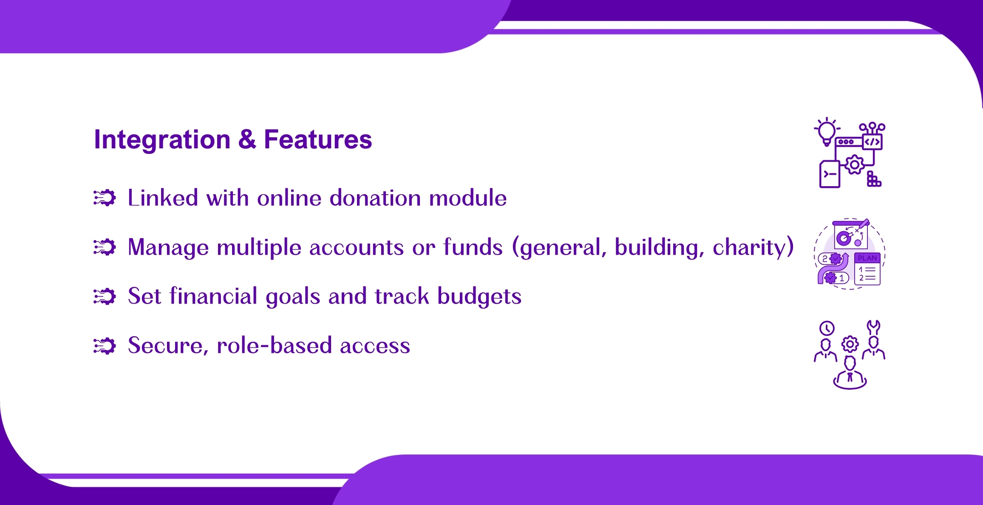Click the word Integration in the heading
162,140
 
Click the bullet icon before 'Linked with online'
105,198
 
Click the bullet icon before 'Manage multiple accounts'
105,247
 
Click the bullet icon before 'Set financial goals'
105,296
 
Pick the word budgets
479,297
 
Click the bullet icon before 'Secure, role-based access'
105,346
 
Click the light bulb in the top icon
827,132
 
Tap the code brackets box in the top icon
873,142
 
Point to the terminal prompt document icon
830,174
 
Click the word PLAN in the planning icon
867,258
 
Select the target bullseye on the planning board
844,238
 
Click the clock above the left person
827,328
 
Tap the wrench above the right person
873,327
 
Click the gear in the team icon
850,344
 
